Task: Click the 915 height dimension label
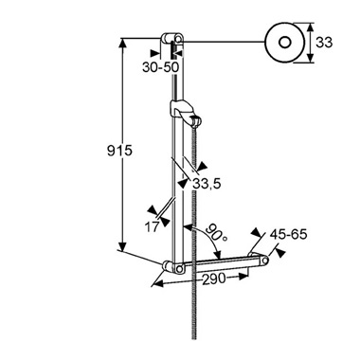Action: click(119, 152)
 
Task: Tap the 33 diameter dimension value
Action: click(324, 43)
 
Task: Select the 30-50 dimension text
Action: click(160, 67)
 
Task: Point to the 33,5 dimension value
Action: click(207, 184)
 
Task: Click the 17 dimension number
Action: click(152, 226)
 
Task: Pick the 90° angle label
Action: click(216, 233)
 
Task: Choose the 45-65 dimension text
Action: click(288, 234)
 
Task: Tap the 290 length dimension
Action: click(214, 279)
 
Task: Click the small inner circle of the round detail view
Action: click(285, 42)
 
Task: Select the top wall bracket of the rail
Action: click(171, 40)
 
